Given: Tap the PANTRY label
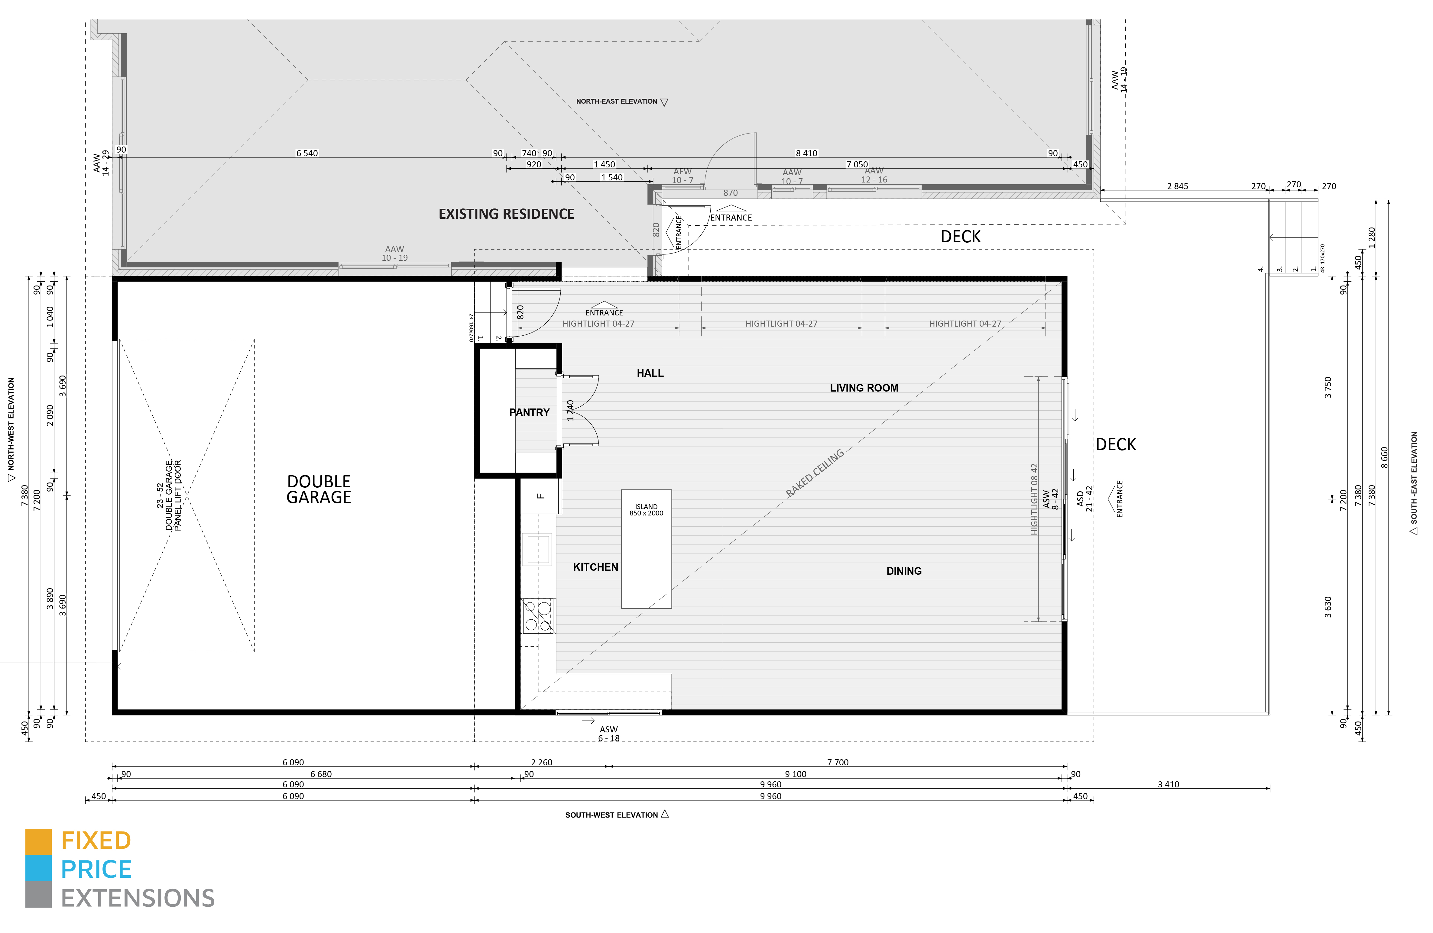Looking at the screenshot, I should (x=529, y=412).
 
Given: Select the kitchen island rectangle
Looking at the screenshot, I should (x=646, y=549).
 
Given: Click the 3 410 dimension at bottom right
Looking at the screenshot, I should (x=1168, y=784).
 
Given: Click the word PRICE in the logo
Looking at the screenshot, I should (x=96, y=869).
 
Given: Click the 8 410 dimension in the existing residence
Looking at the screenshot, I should (x=806, y=153).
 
